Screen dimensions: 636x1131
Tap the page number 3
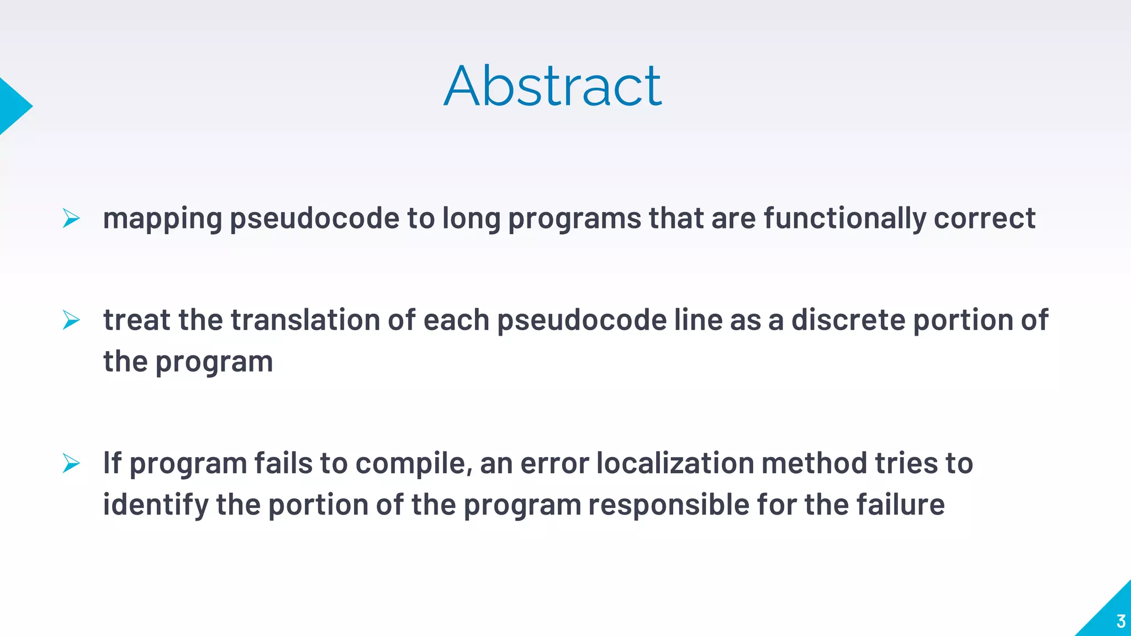(1121, 621)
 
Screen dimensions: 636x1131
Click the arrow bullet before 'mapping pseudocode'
(71, 218)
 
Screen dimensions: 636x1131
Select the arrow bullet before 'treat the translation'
(71, 320)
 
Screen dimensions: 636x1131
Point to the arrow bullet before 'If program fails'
(71, 463)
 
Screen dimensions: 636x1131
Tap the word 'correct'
(985, 218)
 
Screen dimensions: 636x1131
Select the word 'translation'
(305, 320)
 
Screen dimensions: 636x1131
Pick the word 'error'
(554, 463)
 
